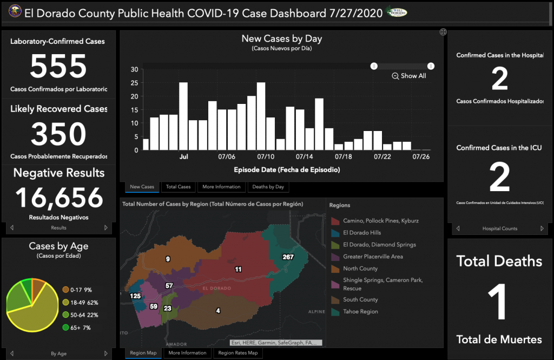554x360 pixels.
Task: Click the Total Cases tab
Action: point(179,187)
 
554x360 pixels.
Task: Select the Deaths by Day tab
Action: point(268,187)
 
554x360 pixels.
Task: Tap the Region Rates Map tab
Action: point(238,353)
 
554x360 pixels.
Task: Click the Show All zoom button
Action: point(409,76)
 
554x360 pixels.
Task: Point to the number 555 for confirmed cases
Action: point(58,67)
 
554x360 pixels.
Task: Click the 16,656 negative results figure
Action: point(58,198)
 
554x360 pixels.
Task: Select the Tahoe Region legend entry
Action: point(360,312)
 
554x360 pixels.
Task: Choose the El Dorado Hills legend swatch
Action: point(335,233)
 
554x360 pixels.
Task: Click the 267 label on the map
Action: point(288,257)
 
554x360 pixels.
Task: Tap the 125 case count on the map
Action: point(135,296)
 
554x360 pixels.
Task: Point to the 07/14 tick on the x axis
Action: point(305,157)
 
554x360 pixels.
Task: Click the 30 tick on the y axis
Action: point(134,69)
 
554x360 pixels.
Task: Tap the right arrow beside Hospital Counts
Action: point(541,228)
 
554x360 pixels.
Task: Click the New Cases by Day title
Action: point(281,39)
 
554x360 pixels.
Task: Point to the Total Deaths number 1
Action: point(499,301)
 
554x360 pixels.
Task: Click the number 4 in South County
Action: point(218,311)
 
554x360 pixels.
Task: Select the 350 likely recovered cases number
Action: point(58,134)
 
